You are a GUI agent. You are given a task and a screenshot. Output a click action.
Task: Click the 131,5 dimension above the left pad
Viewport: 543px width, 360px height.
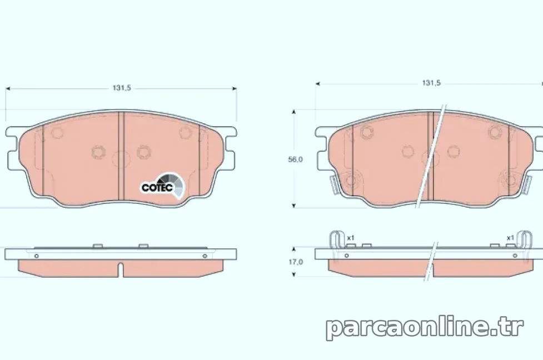click(122, 88)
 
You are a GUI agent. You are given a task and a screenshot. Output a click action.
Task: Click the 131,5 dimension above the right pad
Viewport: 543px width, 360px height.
click(431, 83)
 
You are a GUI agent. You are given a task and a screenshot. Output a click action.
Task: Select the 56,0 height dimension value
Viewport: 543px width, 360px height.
click(295, 159)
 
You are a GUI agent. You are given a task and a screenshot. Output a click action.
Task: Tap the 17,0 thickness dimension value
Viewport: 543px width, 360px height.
click(296, 262)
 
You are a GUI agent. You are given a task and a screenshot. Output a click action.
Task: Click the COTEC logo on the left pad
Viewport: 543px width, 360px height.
click(163, 186)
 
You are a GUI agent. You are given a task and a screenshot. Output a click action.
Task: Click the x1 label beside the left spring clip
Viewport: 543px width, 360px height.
click(351, 238)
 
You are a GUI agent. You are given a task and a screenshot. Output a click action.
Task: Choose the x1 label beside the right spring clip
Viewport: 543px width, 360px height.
click(510, 238)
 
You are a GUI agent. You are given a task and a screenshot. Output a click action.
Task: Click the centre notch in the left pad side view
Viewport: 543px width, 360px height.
click(120, 270)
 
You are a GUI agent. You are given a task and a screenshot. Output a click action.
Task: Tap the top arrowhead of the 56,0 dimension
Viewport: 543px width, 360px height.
click(294, 112)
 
